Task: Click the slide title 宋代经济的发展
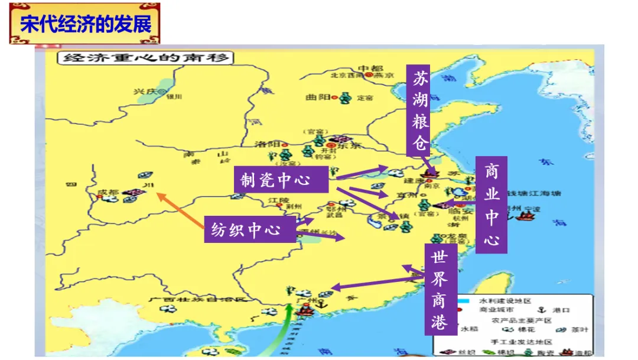85,24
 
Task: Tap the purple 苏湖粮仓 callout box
421,110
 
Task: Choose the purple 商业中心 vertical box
491,205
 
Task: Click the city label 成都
110,192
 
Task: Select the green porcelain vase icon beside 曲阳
344,97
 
